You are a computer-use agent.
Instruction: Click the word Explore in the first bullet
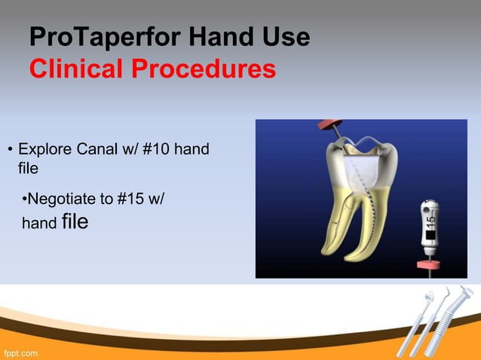coord(47,148)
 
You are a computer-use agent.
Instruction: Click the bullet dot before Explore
coord(10,149)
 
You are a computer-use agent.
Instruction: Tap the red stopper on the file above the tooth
coord(329,125)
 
